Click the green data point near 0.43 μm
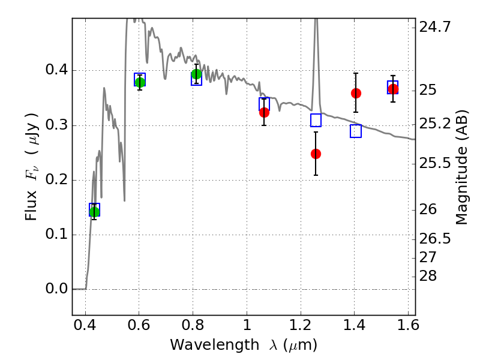click(x=95, y=212)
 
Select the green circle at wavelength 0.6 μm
click(x=140, y=82)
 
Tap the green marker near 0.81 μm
click(x=197, y=74)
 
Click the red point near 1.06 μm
click(x=264, y=113)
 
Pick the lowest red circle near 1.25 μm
click(x=316, y=154)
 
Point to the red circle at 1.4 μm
click(x=356, y=94)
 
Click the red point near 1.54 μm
click(x=394, y=89)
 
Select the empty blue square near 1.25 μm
click(x=316, y=121)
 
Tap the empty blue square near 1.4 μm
click(x=356, y=131)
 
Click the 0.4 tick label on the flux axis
click(x=56, y=70)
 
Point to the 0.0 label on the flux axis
click(x=56, y=289)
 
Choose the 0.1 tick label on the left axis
click(x=56, y=234)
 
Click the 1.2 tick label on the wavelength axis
click(x=301, y=325)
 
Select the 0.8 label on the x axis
click(x=193, y=325)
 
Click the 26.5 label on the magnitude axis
click(x=434, y=239)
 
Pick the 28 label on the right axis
click(x=428, y=276)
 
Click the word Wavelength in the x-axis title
click(x=215, y=345)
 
